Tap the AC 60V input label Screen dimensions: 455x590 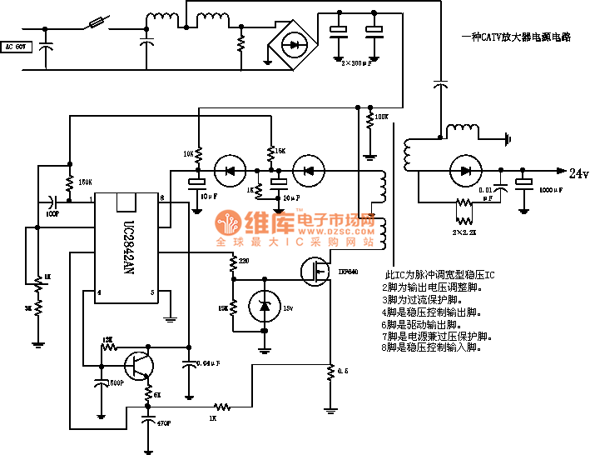[17, 47]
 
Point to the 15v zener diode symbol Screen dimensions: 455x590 [265, 307]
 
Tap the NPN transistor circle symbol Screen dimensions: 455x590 [136, 364]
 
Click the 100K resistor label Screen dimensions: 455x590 [382, 117]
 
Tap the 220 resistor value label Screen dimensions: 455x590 [243, 262]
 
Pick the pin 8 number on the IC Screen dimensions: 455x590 [162, 199]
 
